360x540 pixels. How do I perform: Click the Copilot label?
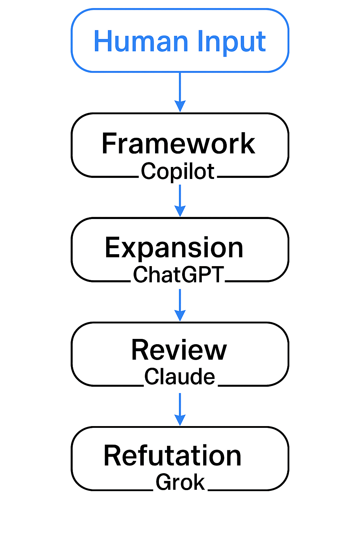pyautogui.click(x=178, y=172)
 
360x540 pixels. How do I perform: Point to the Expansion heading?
pyautogui.click(x=174, y=248)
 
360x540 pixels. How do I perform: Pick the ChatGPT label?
pyautogui.click(x=178, y=275)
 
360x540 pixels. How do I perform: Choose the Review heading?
pyautogui.click(x=179, y=350)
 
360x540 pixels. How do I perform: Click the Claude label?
pyautogui.click(x=180, y=377)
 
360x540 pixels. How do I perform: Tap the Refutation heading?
pyautogui.click(x=172, y=456)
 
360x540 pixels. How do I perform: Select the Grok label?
pyautogui.click(x=180, y=482)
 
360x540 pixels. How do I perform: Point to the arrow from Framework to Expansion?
pyautogui.click(x=180, y=197)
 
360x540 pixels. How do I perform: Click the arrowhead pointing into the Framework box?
pyautogui.click(x=180, y=106)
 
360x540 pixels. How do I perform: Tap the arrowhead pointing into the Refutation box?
pyautogui.click(x=180, y=420)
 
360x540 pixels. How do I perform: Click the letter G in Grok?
pyautogui.click(x=163, y=482)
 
